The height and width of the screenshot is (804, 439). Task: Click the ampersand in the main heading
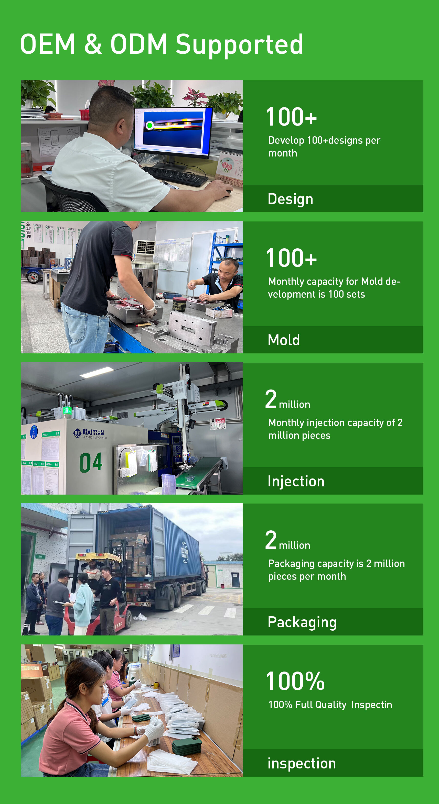point(93,44)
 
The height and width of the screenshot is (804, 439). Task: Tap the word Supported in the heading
point(239,46)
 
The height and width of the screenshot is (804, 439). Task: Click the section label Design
point(290,199)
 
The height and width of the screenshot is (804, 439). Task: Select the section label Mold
point(284,340)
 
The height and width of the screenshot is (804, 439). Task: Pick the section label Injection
point(296,481)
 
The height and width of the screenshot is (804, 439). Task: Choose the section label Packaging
point(302,622)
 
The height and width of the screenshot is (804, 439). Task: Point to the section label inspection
point(302,763)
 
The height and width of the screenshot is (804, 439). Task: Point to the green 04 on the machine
point(91,462)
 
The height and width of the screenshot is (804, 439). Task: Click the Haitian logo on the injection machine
point(89,433)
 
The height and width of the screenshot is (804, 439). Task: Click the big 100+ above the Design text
point(291,117)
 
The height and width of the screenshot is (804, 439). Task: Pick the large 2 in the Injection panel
point(271,399)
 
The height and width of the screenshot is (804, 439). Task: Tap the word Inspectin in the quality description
point(371,705)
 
